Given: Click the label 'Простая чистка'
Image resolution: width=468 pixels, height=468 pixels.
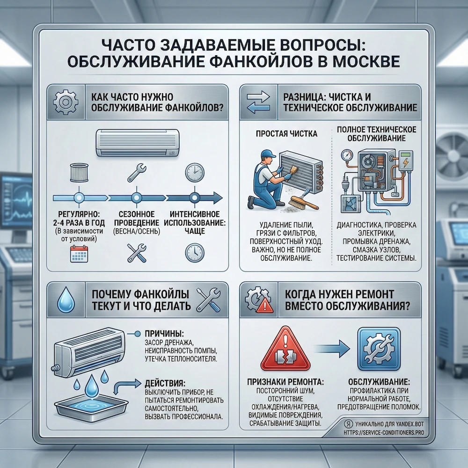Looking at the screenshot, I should click(287, 134).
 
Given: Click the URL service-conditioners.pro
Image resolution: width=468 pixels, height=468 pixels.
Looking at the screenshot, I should click(377, 432).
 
